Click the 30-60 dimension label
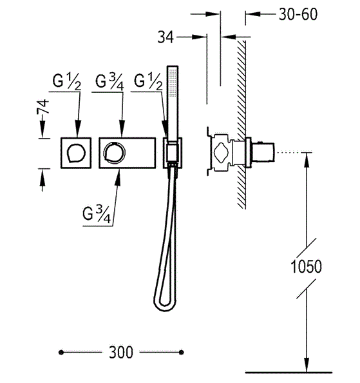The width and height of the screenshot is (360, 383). click(298, 14)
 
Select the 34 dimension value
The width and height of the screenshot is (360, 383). click(166, 37)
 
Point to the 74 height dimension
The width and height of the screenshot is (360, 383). click(43, 107)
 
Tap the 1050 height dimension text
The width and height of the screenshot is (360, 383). click(307, 266)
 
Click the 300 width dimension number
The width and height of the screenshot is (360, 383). click(121, 352)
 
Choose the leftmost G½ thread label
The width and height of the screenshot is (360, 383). click(66, 81)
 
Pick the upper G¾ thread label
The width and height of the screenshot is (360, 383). click(109, 81)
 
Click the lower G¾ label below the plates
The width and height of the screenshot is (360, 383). click(97, 215)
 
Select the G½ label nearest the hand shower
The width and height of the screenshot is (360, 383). click(148, 81)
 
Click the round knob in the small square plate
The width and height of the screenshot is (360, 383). click(76, 153)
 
